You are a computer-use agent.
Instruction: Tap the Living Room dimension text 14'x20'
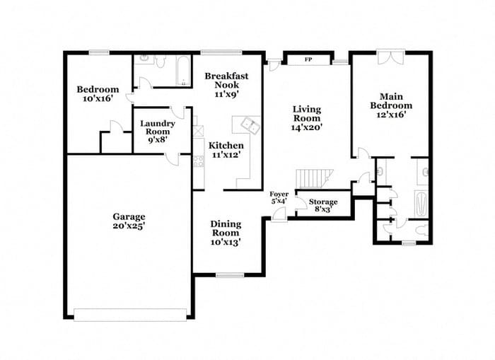pyautogui.click(x=307, y=129)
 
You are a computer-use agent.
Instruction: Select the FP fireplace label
pyautogui.click(x=308, y=59)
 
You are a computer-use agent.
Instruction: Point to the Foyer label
pyautogui.click(x=279, y=197)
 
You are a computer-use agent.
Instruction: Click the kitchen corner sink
pyautogui.click(x=250, y=124)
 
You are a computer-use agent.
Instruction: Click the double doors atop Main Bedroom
pyautogui.click(x=391, y=57)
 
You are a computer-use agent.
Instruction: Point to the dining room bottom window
pyautogui.click(x=229, y=274)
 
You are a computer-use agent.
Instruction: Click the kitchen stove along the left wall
pyautogui.click(x=198, y=160)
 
